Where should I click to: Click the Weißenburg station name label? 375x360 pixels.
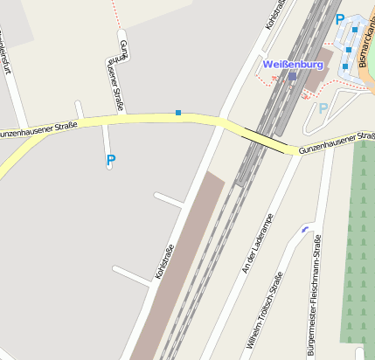pos(293,65)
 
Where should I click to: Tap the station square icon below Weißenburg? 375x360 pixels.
pos(293,77)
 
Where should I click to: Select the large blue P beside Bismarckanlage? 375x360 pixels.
pos(340,18)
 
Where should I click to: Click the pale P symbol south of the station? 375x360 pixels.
pos(323,108)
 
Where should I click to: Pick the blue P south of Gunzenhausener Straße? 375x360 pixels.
pos(110,160)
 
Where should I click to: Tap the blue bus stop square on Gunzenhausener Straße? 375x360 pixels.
pos(178,113)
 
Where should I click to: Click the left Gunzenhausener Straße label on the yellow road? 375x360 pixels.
pos(38,130)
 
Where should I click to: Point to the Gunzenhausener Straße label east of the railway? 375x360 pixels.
pos(337,143)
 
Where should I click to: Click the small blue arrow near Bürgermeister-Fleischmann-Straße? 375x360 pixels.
pos(304,229)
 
